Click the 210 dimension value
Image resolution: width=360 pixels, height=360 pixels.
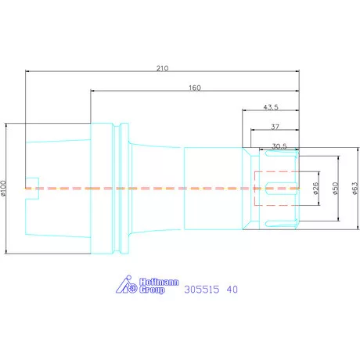(x=162, y=68)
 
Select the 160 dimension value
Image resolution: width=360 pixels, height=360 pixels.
(x=195, y=88)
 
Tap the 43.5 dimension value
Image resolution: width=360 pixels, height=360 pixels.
(x=271, y=107)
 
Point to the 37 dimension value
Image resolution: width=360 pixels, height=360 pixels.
(x=275, y=127)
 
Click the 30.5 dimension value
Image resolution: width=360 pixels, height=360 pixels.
(x=279, y=146)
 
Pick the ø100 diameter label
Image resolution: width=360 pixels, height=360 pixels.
(x=3, y=188)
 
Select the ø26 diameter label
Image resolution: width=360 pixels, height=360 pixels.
(x=315, y=189)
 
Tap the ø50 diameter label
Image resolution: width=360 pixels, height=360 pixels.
(x=335, y=189)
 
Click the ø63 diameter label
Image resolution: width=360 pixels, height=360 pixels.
(x=355, y=189)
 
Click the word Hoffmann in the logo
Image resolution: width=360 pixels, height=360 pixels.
(x=159, y=282)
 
